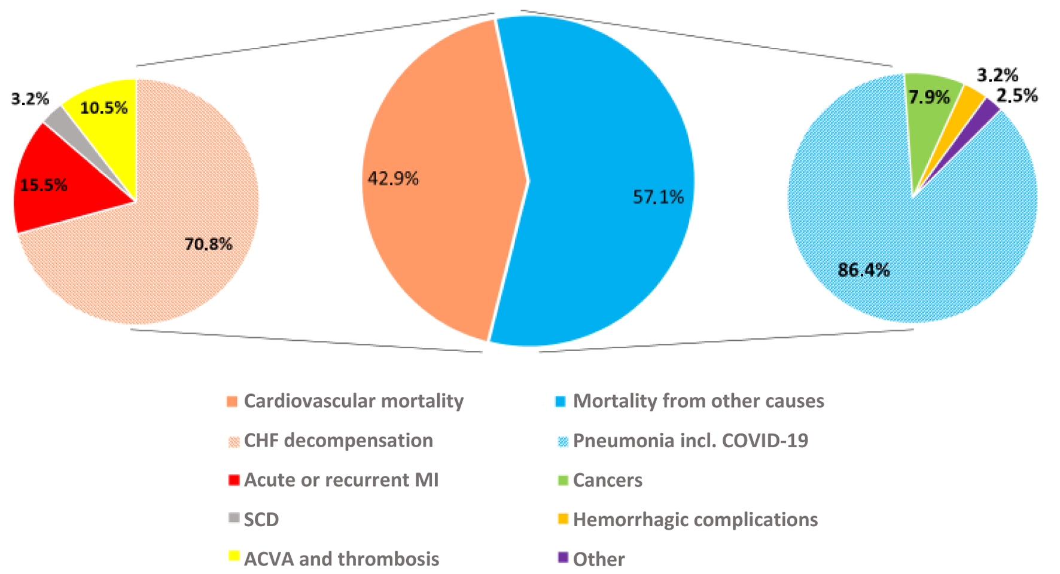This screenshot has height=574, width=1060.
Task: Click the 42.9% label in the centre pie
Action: pyautogui.click(x=393, y=178)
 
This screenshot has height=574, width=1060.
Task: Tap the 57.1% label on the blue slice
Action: pyautogui.click(x=658, y=197)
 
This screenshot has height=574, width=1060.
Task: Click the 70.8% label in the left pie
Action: pyautogui.click(x=208, y=244)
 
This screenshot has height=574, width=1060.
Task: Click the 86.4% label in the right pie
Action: pyautogui.click(x=863, y=270)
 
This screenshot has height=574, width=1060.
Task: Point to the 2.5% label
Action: pyautogui.click(x=1017, y=96)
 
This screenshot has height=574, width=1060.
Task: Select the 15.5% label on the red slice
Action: pyautogui.click(x=43, y=185)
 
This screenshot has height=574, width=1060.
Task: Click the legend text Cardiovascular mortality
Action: pyautogui.click(x=354, y=401)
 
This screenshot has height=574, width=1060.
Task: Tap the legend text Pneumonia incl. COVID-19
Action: pyautogui.click(x=690, y=441)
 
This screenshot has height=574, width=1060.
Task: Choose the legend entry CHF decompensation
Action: pyautogui.click(x=338, y=441)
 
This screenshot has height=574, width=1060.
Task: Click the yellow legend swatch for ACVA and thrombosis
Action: pyautogui.click(x=234, y=557)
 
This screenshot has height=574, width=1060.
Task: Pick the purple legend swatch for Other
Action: pyautogui.click(x=563, y=557)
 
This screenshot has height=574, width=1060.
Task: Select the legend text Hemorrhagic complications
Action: pyautogui.click(x=695, y=520)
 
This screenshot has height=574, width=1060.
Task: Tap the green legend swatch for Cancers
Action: pyautogui.click(x=563, y=479)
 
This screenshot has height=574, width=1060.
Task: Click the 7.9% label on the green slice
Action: pyautogui.click(x=929, y=97)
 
